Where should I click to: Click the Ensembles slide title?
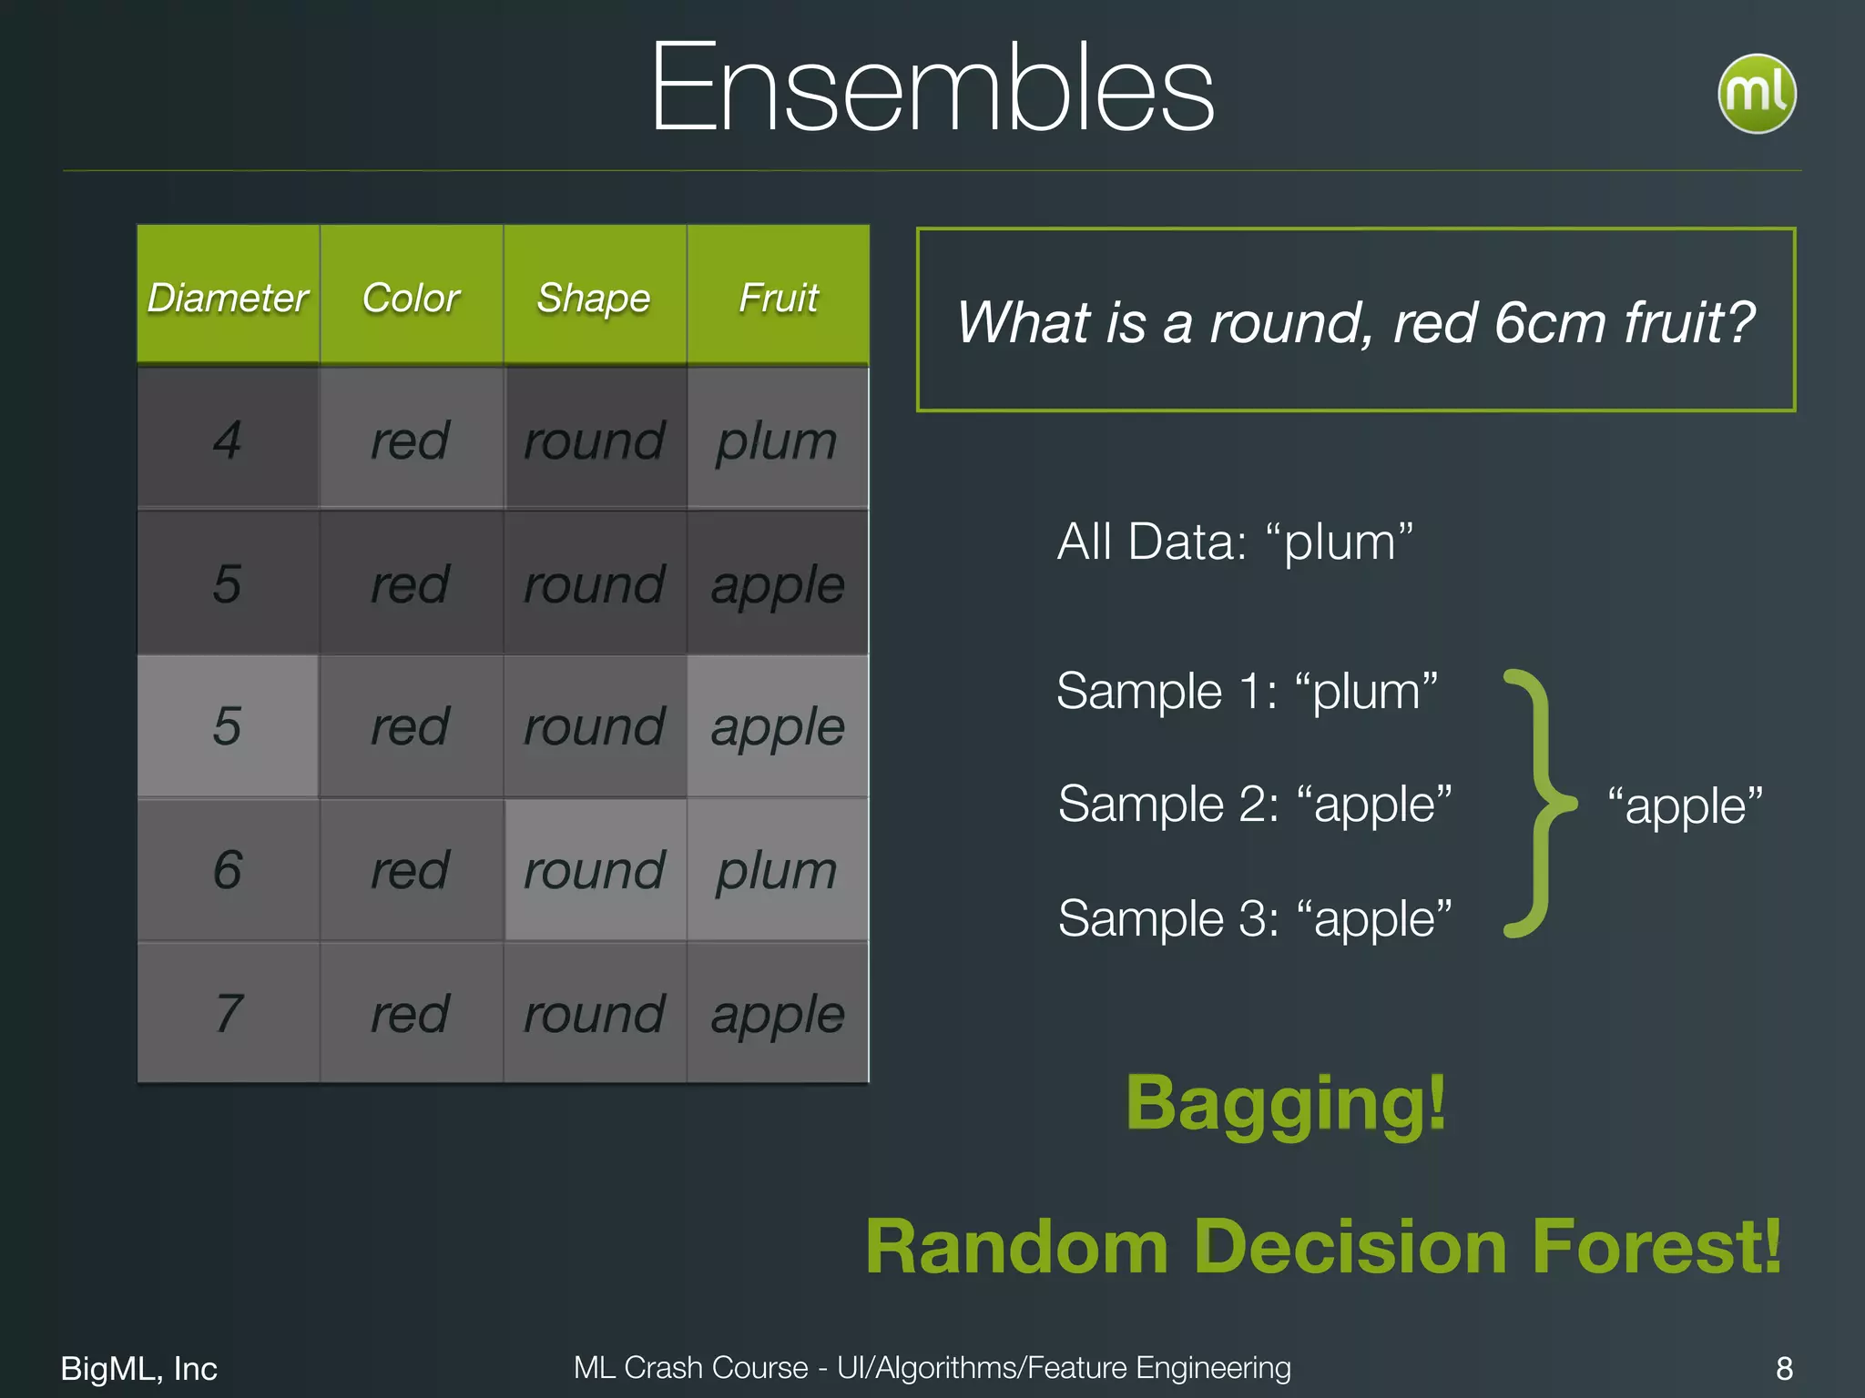tap(932, 88)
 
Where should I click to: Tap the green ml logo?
tap(1756, 94)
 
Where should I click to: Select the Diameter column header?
tap(228, 298)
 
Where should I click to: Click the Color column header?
tap(411, 298)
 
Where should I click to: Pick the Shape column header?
tap(594, 298)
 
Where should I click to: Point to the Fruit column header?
tap(779, 298)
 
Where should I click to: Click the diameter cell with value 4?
tap(228, 441)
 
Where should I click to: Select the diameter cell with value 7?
tap(228, 1013)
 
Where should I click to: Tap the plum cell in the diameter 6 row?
tap(777, 870)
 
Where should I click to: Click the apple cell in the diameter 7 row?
tap(778, 1013)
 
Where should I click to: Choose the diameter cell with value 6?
tap(228, 870)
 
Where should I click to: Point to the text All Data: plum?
tap(1235, 542)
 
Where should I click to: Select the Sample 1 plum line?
tap(1247, 692)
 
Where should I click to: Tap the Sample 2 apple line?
tap(1254, 805)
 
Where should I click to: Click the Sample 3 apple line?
tap(1254, 918)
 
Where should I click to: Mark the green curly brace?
tap(1541, 805)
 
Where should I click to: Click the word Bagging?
tap(1286, 1103)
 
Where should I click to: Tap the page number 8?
tap(1784, 1368)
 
